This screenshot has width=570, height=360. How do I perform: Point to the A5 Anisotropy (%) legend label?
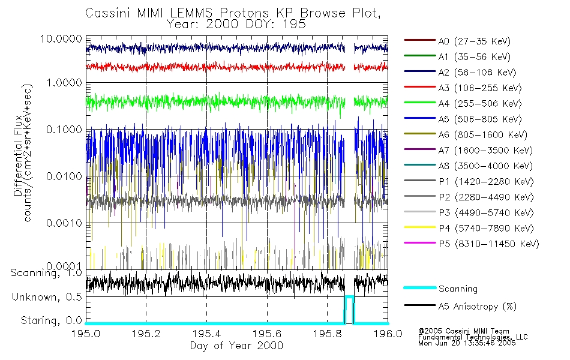point(477,307)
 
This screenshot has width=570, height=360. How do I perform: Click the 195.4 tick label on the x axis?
point(206,334)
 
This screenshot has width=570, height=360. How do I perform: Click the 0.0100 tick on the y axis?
point(65,176)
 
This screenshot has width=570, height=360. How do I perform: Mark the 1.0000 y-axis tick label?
point(65,82)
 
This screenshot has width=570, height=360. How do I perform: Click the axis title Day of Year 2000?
point(236,346)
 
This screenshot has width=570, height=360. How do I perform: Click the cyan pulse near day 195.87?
point(349,297)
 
